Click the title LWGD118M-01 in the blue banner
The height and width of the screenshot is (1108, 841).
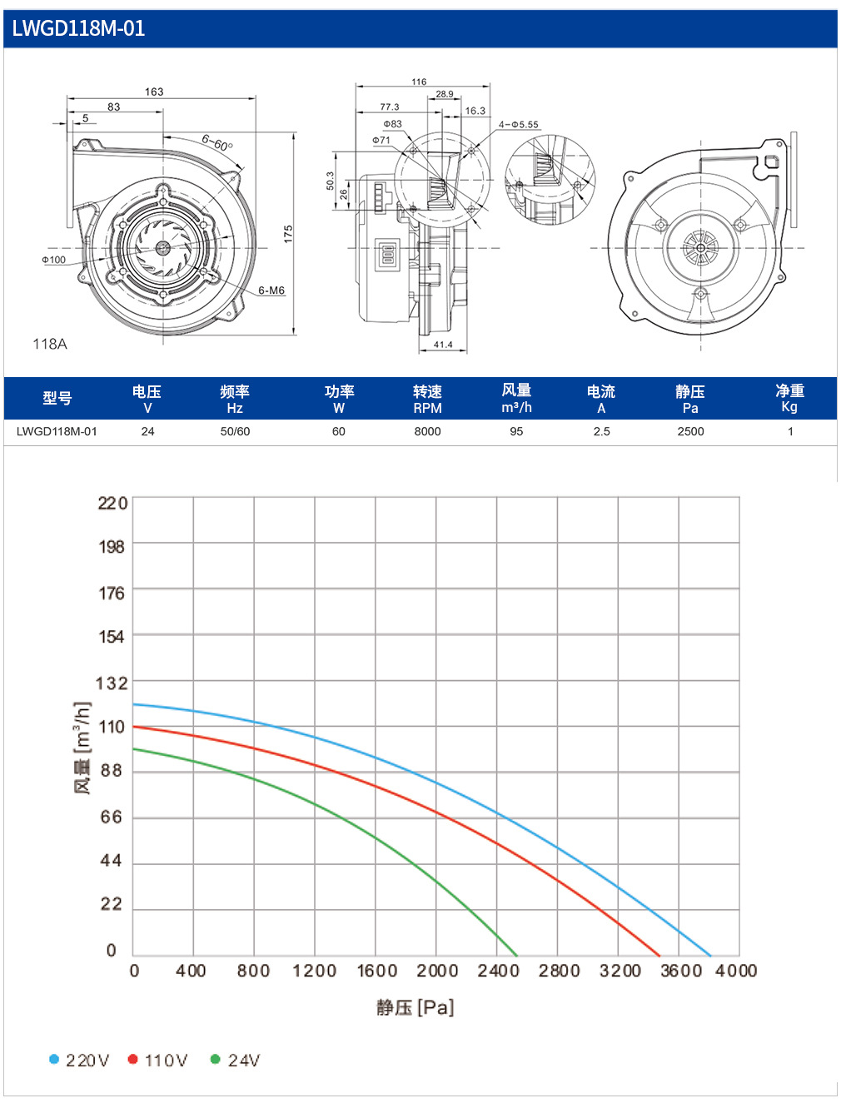pyautogui.click(x=78, y=28)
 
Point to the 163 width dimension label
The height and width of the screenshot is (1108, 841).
pyautogui.click(x=154, y=92)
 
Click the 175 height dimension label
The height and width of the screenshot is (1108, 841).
pyautogui.click(x=288, y=234)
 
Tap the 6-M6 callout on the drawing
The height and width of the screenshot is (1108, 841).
pyautogui.click(x=271, y=291)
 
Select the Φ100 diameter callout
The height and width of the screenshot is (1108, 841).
pyautogui.click(x=53, y=260)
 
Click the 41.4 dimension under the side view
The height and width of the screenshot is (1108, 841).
pyautogui.click(x=443, y=345)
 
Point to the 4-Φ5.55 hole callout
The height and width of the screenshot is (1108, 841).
pyautogui.click(x=519, y=124)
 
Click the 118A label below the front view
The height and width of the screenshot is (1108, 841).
pyautogui.click(x=49, y=344)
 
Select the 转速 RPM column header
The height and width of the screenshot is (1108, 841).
pyautogui.click(x=427, y=399)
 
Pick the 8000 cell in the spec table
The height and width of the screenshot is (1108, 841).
pyautogui.click(x=427, y=431)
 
